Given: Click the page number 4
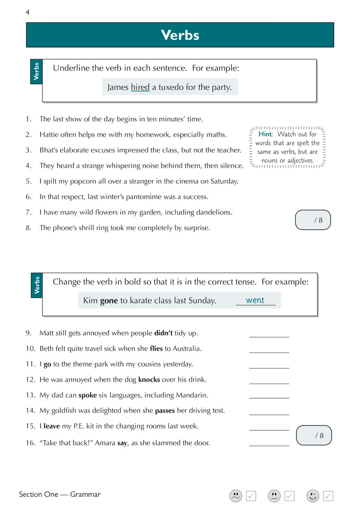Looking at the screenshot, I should [27, 12].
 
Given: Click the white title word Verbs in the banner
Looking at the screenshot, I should [180, 35].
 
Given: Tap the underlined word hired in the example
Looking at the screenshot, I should [140, 87].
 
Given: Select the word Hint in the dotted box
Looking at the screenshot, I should [265, 134].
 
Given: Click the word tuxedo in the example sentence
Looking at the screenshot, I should [171, 87].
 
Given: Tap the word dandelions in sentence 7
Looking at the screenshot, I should [214, 212].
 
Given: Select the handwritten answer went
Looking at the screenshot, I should [255, 300].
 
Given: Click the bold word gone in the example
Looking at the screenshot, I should [109, 301].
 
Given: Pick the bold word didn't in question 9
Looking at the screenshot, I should [163, 333].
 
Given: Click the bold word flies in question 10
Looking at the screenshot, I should [156, 348].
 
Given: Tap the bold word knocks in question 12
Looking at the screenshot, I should [149, 380].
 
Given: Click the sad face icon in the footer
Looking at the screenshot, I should [236, 496].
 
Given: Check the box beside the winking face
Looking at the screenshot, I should [328, 496].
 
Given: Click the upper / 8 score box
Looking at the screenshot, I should [313, 220].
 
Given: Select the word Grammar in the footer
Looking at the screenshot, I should [85, 494].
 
